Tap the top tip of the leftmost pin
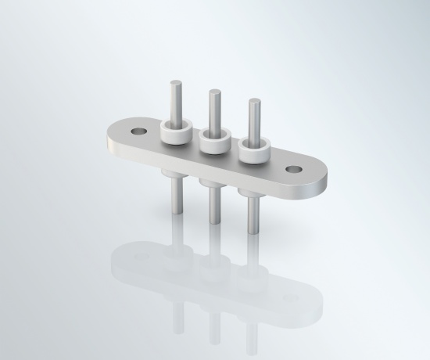coord(176,82)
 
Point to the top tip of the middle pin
coord(213,92)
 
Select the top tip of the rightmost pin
coord(253,102)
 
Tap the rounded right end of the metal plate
coord(321,183)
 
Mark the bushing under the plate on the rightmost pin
coord(251,193)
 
